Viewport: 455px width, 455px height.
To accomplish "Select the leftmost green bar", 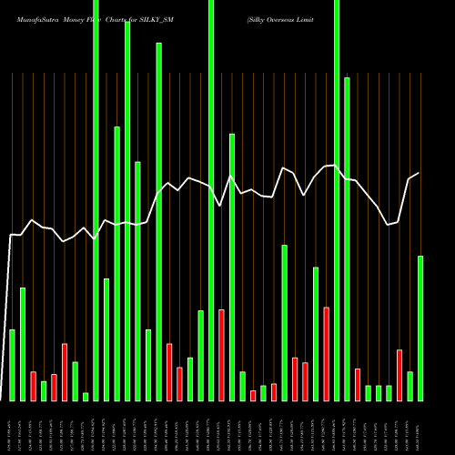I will pyautogui.click(x=12, y=365).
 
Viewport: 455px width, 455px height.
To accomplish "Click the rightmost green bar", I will pyautogui.click(x=420, y=328).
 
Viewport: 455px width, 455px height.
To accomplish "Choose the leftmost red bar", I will pyautogui.click(x=33, y=386).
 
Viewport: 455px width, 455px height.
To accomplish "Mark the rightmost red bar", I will pyautogui.click(x=399, y=375).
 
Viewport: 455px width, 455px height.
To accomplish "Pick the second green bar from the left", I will pyautogui.click(x=23, y=344).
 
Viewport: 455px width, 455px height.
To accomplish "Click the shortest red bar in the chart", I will pyautogui.click(x=253, y=395).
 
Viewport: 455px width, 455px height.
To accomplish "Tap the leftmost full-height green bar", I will pyautogui.click(x=96, y=200).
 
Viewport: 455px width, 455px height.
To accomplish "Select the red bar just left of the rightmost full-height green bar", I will pyautogui.click(x=326, y=354).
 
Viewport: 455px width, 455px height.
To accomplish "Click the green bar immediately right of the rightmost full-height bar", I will pyautogui.click(x=347, y=238).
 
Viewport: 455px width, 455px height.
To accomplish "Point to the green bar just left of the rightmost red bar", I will pyautogui.click(x=389, y=392).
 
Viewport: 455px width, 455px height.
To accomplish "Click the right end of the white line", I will pyautogui.click(x=419, y=173).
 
